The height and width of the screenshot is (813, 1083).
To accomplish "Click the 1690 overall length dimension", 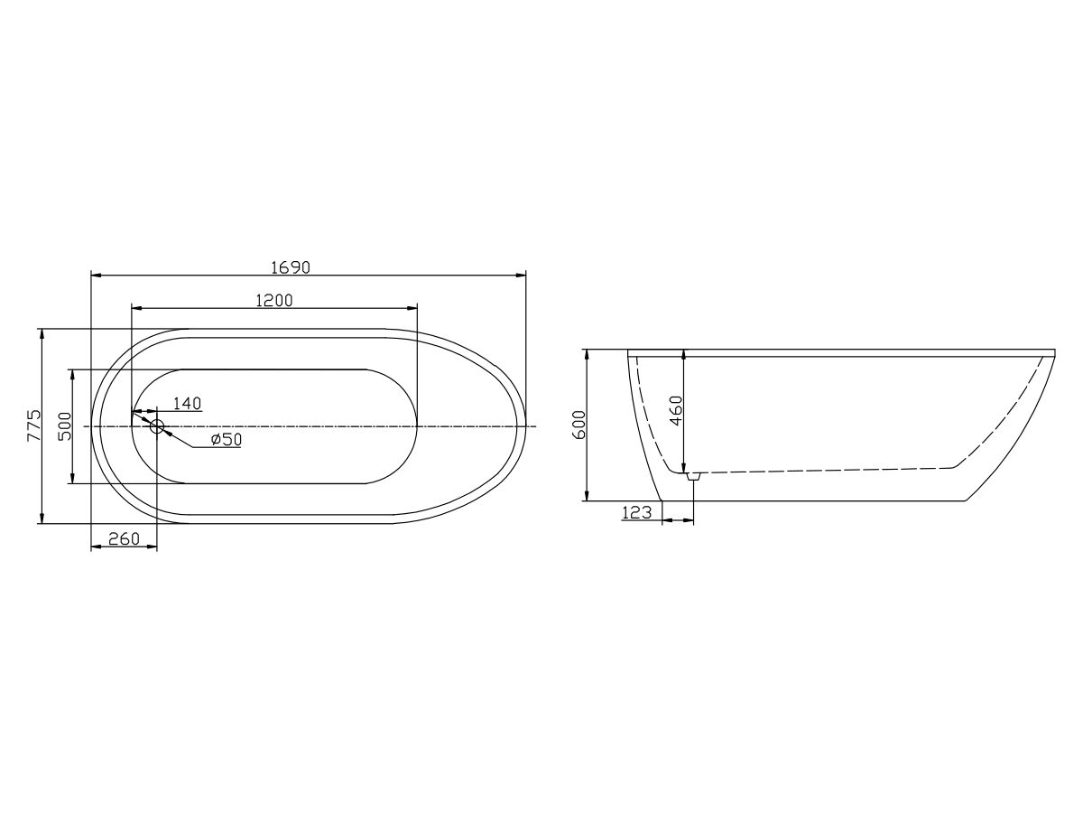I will point(291,266).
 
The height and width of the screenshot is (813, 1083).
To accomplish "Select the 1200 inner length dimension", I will point(273,301).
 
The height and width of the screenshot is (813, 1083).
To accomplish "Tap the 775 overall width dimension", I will point(33,425).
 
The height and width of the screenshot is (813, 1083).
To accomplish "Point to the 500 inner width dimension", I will point(64,425).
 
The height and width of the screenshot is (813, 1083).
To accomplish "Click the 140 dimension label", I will point(186,403).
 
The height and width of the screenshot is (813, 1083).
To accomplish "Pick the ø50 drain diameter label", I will point(226,440).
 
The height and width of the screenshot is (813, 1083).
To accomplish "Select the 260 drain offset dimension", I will point(124,539).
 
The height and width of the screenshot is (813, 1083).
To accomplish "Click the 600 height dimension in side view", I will point(579,425).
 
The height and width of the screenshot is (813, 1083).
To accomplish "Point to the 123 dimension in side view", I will point(637,512).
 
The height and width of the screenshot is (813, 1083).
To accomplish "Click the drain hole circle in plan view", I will point(157,425).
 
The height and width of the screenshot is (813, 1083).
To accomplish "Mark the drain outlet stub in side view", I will point(693,475).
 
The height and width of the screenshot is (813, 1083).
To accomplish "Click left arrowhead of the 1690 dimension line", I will point(97,275).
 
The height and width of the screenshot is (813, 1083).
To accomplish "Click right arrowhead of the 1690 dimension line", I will point(521,275).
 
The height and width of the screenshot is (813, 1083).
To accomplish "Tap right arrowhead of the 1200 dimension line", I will point(412,309).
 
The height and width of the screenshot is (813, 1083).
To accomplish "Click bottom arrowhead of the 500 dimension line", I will point(72,478).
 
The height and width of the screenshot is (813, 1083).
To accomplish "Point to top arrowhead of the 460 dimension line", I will point(684,355).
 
